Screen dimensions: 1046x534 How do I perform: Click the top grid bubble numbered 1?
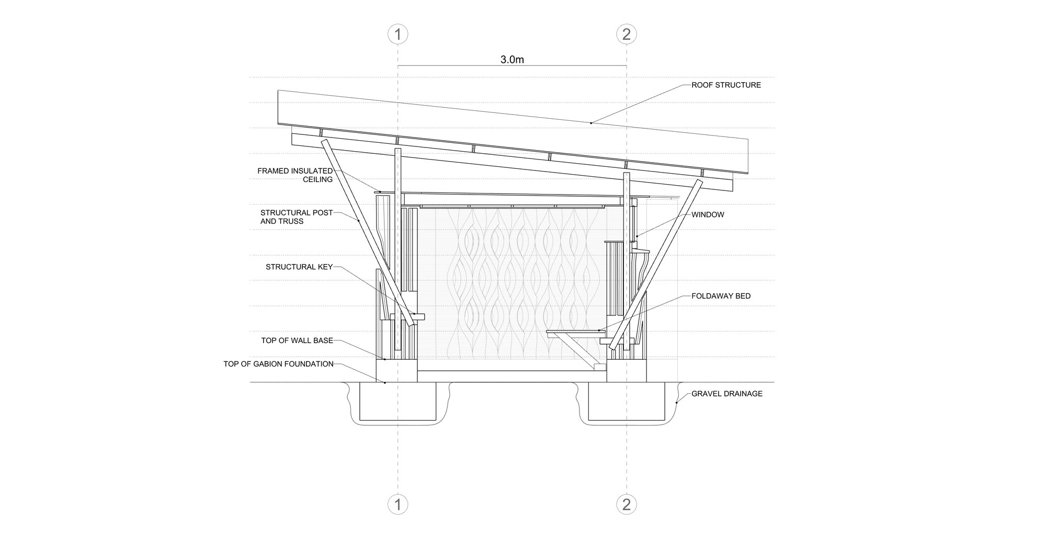click(x=398, y=35)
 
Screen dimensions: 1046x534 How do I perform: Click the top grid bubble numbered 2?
click(x=627, y=35)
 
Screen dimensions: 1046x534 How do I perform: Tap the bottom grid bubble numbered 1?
click(x=398, y=505)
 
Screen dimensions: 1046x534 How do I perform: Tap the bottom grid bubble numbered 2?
click(x=627, y=505)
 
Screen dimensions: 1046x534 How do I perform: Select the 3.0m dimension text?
click(x=512, y=60)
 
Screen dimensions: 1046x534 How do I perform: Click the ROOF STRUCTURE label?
click(x=726, y=85)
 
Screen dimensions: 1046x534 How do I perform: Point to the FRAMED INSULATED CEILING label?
click(x=295, y=175)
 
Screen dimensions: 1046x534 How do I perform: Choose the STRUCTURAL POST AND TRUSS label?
click(x=297, y=217)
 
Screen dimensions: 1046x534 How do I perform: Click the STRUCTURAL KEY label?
click(x=299, y=267)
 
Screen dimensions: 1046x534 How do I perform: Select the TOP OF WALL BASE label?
click(x=297, y=340)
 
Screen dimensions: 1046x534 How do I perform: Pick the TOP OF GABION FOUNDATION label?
click(x=278, y=364)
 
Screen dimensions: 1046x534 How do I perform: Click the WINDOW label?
click(x=708, y=214)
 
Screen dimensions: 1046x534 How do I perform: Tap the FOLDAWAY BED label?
click(x=721, y=296)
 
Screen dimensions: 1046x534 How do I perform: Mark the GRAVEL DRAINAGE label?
click(x=727, y=393)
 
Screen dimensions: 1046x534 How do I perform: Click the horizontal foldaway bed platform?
click(x=576, y=332)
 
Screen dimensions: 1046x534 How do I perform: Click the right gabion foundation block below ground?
click(x=627, y=401)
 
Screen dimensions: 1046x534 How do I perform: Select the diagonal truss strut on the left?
click(x=368, y=232)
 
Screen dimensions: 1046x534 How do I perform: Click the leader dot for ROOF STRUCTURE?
click(x=592, y=123)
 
